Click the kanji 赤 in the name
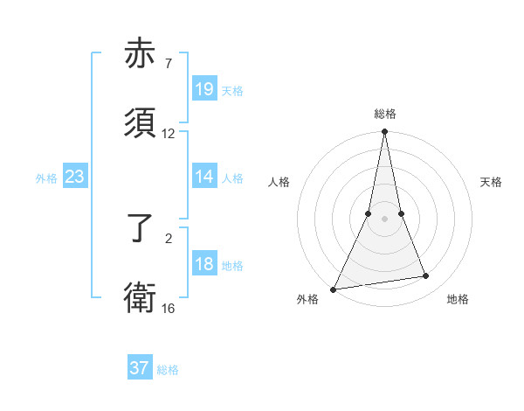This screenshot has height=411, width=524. [x=141, y=54]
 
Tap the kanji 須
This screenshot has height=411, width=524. [x=141, y=124]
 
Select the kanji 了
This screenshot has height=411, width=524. [x=141, y=229]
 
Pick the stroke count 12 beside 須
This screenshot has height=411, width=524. [x=169, y=134]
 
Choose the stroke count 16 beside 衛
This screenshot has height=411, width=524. [x=169, y=308]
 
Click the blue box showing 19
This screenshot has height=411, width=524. [x=204, y=89]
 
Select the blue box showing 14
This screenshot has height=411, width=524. [x=204, y=177]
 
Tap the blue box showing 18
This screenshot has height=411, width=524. [x=204, y=264]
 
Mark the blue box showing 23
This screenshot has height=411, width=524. [x=75, y=177]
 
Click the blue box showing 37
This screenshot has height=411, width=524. [x=140, y=368]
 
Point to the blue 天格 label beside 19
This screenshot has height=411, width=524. [x=232, y=91]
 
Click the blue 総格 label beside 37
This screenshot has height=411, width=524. [x=168, y=370]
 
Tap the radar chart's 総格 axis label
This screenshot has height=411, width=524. [x=384, y=114]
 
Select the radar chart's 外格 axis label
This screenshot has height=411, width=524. [x=307, y=299]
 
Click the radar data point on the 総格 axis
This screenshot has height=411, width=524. [x=384, y=132]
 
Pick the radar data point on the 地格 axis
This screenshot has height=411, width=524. [x=426, y=276]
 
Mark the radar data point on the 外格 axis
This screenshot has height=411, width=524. [x=333, y=289]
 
